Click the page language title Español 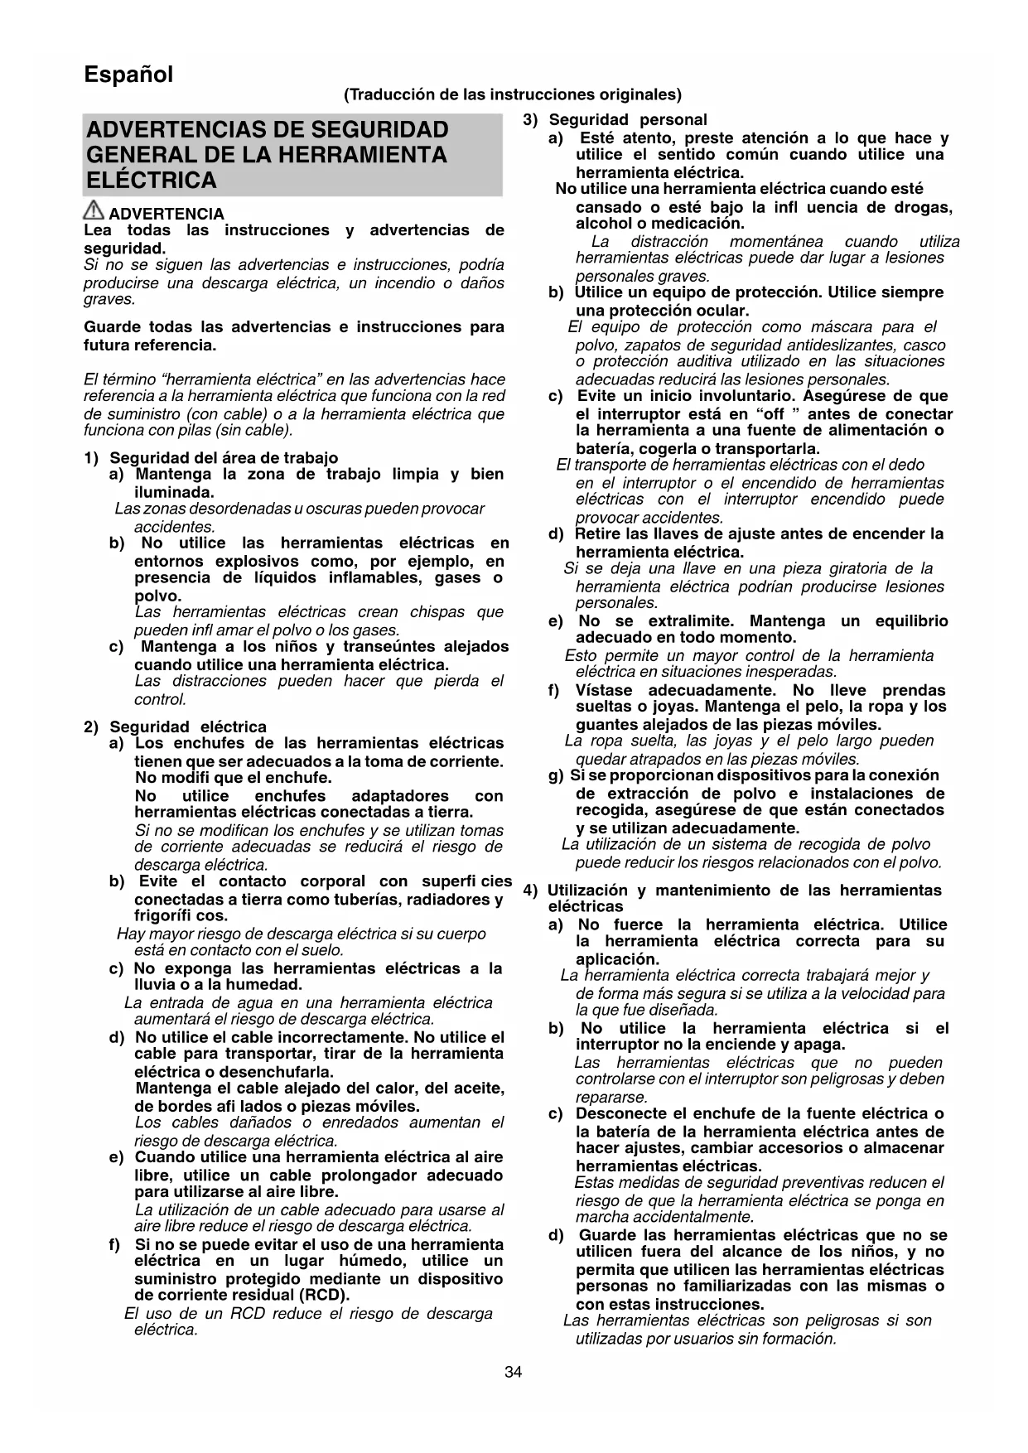[128, 75]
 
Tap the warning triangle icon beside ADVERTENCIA [94, 213]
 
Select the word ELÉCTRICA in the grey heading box [152, 181]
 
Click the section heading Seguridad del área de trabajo [224, 458]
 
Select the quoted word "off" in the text [778, 414]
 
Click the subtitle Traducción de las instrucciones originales [513, 94]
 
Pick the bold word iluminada [174, 492]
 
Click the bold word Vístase [604, 690]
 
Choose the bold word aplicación [617, 959]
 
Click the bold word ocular [722, 311]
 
